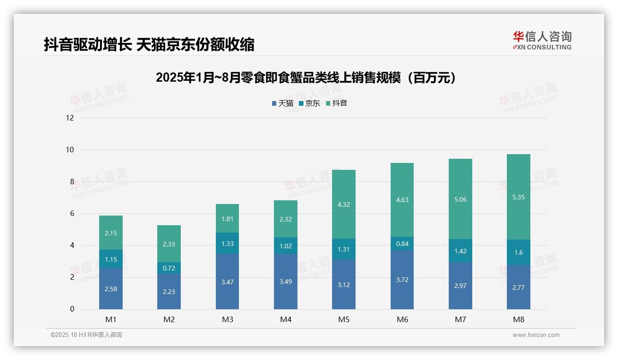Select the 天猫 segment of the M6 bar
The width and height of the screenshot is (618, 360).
point(402,280)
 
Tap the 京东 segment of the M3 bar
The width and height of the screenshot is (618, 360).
point(227,243)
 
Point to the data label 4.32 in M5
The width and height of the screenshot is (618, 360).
point(344,204)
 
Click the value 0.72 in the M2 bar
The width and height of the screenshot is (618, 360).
point(169,268)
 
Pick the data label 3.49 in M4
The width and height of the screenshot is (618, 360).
point(285,282)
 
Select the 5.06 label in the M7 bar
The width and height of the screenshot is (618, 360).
point(460,200)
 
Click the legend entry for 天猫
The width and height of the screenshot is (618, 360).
point(283,103)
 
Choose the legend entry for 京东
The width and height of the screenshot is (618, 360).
point(309,103)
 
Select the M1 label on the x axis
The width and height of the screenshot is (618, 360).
point(111,319)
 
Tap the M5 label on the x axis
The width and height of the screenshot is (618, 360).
point(344,319)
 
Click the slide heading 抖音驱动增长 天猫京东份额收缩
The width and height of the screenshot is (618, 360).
point(149,45)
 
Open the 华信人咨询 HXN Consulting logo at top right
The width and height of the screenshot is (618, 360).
point(542,40)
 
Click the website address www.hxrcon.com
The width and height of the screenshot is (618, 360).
point(535,335)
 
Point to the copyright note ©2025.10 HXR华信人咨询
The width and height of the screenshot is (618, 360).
point(86,335)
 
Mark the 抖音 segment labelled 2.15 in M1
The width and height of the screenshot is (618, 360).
point(111,233)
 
